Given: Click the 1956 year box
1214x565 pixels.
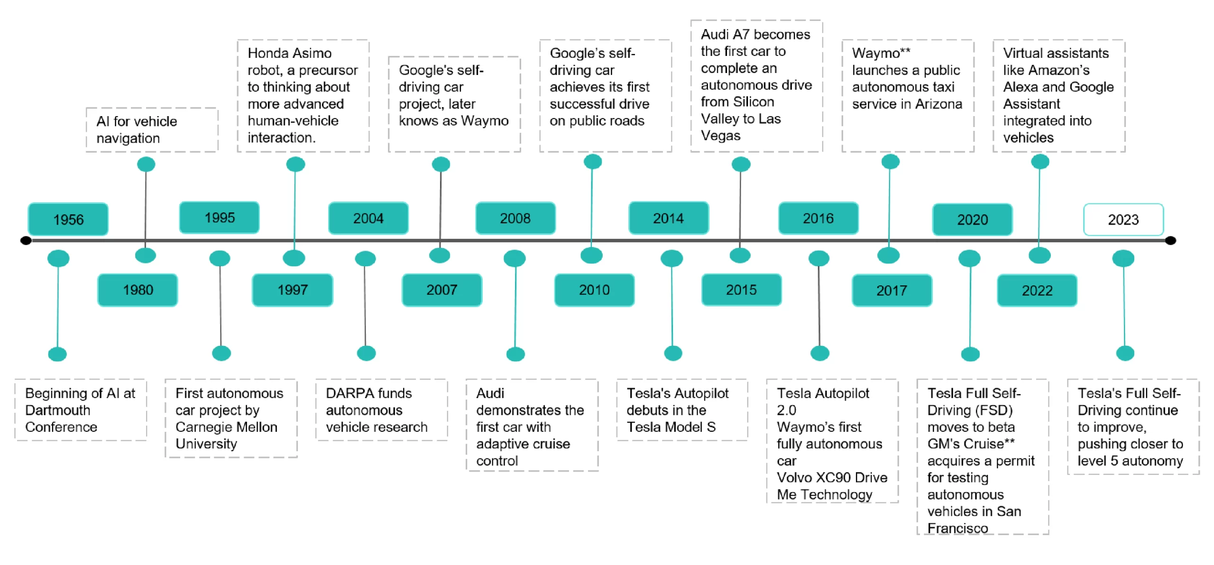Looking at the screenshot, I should coord(68,219).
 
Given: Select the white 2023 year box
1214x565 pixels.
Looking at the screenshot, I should coord(1123,219).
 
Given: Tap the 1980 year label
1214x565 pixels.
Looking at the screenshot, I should coord(138,290).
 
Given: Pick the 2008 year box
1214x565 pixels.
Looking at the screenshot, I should coord(515,218).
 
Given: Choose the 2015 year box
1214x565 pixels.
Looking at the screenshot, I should coord(741,290).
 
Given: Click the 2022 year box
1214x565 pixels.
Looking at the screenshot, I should coord(1037,291).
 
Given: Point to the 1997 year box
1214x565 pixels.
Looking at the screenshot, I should coord(293,290).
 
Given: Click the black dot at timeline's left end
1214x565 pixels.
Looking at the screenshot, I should coord(26,241).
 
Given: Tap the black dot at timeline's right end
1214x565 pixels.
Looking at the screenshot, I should coord(1170,241).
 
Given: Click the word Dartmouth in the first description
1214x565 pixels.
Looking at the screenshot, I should coord(57,410).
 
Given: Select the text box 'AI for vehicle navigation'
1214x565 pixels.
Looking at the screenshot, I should coord(152,130).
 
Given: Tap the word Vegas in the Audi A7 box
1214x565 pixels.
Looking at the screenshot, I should coord(720,136).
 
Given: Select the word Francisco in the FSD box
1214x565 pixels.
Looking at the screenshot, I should coord(957,528).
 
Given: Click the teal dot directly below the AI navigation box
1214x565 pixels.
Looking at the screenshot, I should coord(146,164).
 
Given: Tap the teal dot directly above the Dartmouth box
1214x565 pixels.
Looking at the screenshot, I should coord(57,354).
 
